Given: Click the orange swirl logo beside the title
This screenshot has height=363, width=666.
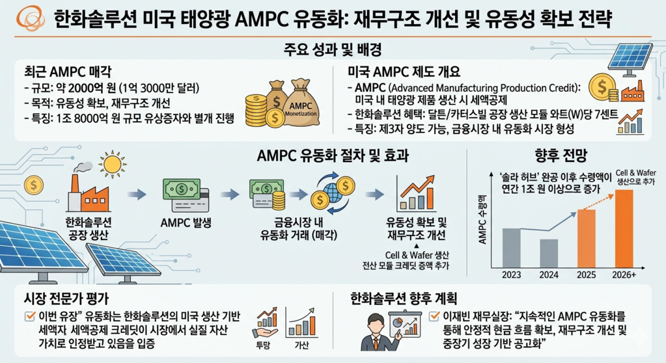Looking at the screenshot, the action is (x=30, y=18).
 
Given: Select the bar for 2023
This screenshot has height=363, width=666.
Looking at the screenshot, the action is (x=512, y=248).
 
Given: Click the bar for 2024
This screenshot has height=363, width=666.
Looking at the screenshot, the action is (x=549, y=254).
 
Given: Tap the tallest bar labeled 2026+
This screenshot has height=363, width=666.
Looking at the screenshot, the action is (x=624, y=229).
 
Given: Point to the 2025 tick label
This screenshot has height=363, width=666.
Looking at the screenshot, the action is (x=586, y=275).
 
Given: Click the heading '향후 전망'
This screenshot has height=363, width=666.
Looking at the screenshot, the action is (x=561, y=156).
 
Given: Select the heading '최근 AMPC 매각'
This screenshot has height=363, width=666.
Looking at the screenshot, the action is (x=68, y=72).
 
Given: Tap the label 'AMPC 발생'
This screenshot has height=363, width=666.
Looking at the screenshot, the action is (x=186, y=222).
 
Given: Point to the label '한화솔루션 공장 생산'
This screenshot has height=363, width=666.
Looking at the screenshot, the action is (x=89, y=229).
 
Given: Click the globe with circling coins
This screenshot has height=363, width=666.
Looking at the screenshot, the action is (x=333, y=193).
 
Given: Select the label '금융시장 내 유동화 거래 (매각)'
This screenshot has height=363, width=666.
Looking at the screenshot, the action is (x=299, y=229).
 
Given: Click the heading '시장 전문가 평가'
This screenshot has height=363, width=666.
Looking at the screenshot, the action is (x=66, y=299).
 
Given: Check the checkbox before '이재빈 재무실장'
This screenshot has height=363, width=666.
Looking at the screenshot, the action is (x=434, y=316).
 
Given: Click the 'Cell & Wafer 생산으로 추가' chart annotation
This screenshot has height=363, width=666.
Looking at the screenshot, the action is (x=636, y=177).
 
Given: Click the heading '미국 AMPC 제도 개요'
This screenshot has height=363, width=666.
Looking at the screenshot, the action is (x=404, y=72).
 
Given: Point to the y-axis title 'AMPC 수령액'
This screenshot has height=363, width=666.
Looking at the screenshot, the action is (x=482, y=220).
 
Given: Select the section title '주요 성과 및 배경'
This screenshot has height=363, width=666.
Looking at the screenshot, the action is (x=333, y=49).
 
